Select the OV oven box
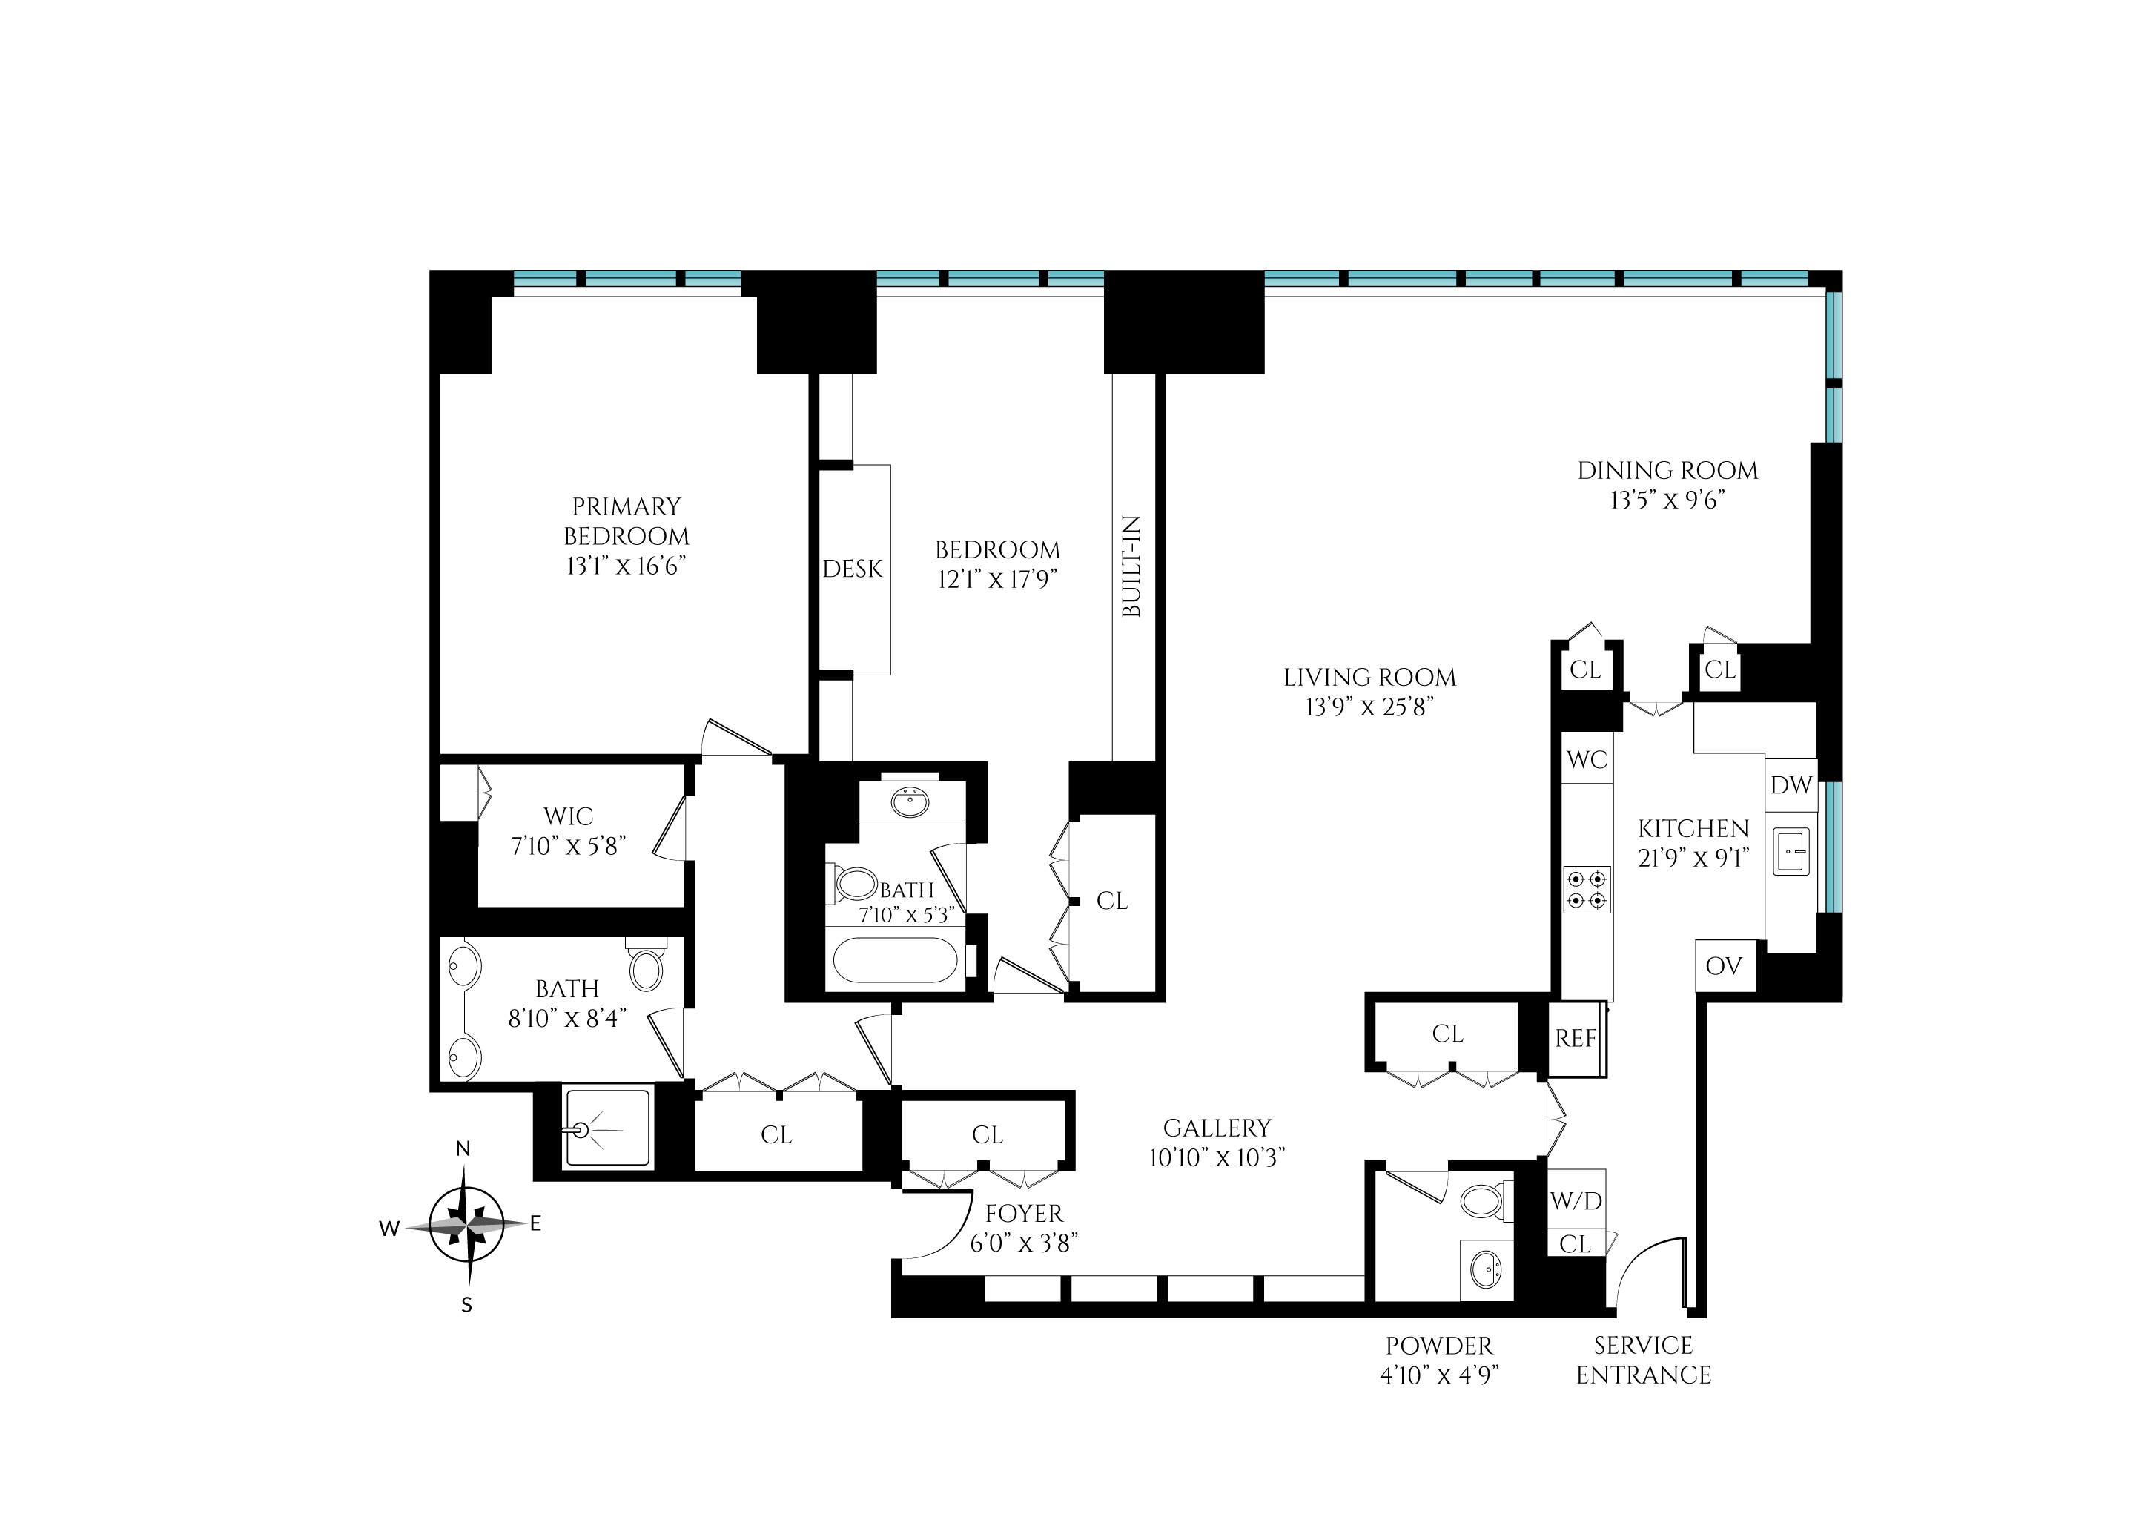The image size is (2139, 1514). [1723, 966]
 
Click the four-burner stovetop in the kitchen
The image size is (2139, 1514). [1587, 890]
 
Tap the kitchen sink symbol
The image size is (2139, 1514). [1791, 852]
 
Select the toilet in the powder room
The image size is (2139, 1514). [1484, 1201]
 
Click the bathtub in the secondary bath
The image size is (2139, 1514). [895, 960]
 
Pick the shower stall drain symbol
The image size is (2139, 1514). [581, 1131]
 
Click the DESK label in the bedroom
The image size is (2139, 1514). [852, 569]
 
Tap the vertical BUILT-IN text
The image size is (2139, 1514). [1131, 566]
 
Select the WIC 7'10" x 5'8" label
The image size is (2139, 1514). [568, 830]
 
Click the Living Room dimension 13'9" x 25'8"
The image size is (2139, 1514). [1368, 707]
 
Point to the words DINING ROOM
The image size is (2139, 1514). [1667, 471]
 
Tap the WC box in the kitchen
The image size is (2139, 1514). [1587, 759]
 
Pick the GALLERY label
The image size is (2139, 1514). [1216, 1128]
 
